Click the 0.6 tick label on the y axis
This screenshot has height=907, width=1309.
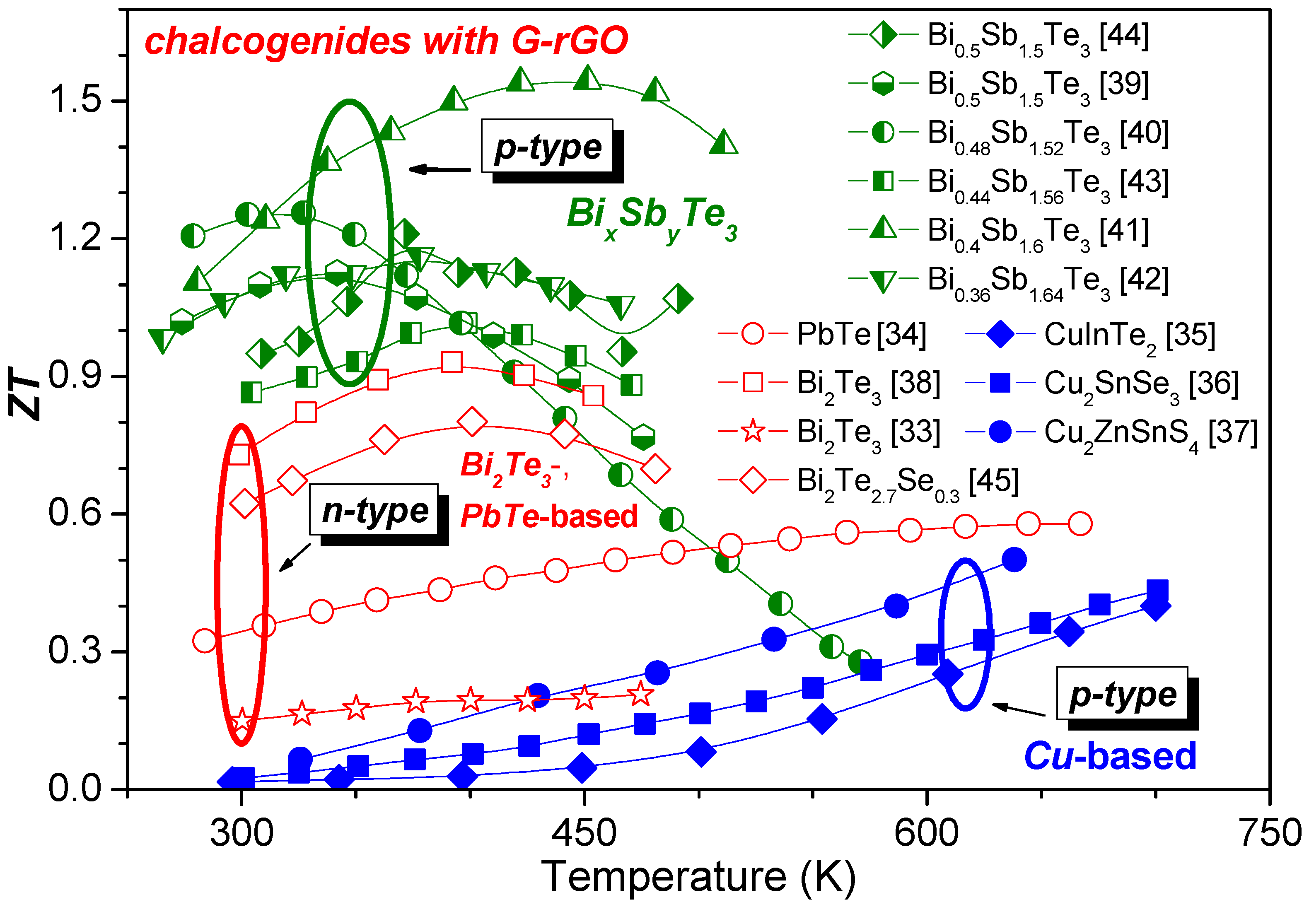pyautogui.click(x=74, y=513)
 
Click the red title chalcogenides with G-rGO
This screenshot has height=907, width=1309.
pyautogui.click(x=386, y=41)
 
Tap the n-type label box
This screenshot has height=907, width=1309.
pyautogui.click(x=374, y=510)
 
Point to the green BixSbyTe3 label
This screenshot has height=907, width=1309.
pyautogui.click(x=651, y=216)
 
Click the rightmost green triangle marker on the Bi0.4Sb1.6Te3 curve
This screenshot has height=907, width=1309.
pyautogui.click(x=723, y=142)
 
